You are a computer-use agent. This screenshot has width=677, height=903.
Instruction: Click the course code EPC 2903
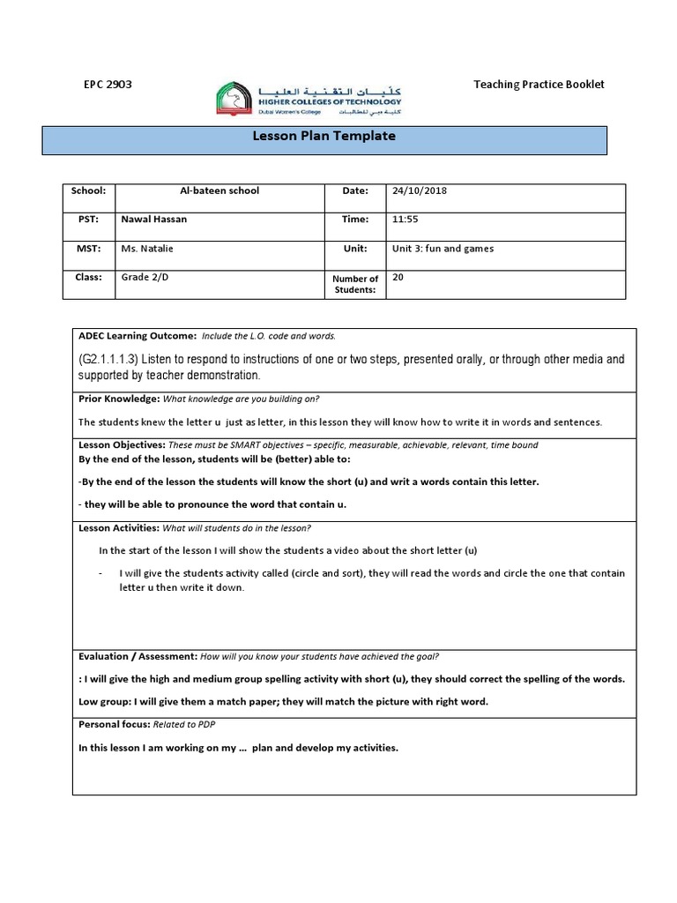(x=107, y=85)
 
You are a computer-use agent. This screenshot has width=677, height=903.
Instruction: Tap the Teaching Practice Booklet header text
(x=539, y=85)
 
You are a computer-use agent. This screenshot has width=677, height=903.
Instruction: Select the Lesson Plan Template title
(x=324, y=137)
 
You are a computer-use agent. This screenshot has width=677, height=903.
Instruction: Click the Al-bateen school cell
(x=219, y=190)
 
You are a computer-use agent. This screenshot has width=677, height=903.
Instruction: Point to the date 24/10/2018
(x=420, y=190)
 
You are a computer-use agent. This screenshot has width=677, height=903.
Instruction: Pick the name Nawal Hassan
(x=154, y=220)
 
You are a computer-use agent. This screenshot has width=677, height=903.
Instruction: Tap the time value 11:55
(x=405, y=220)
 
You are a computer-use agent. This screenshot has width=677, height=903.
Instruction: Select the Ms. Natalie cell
(x=147, y=249)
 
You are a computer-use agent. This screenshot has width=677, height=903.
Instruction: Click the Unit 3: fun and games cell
(x=443, y=249)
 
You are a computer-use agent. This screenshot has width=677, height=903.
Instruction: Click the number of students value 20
(x=398, y=277)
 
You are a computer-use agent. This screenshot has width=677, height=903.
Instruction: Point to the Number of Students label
(x=354, y=284)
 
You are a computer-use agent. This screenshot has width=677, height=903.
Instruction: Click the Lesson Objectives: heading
(x=119, y=445)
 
